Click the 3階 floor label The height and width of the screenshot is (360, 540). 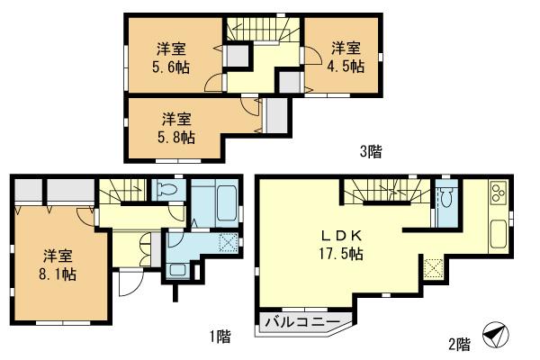coord(371,152)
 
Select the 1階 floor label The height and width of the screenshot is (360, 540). coord(220,337)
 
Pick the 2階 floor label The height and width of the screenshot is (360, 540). coord(459,343)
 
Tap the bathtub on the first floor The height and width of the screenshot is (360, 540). coord(215,203)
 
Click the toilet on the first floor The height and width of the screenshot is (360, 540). coord(168,190)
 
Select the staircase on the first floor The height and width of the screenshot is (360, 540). coord(122,191)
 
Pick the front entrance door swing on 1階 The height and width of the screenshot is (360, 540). coord(131,284)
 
